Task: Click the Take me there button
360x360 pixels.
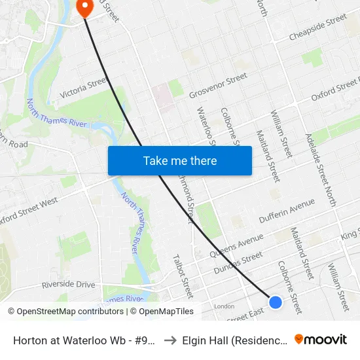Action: click(x=180, y=160)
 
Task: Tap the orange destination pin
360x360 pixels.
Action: click(x=84, y=7)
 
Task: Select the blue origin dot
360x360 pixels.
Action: click(x=276, y=302)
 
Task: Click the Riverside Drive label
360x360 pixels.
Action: click(x=68, y=285)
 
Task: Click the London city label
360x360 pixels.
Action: click(x=224, y=306)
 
